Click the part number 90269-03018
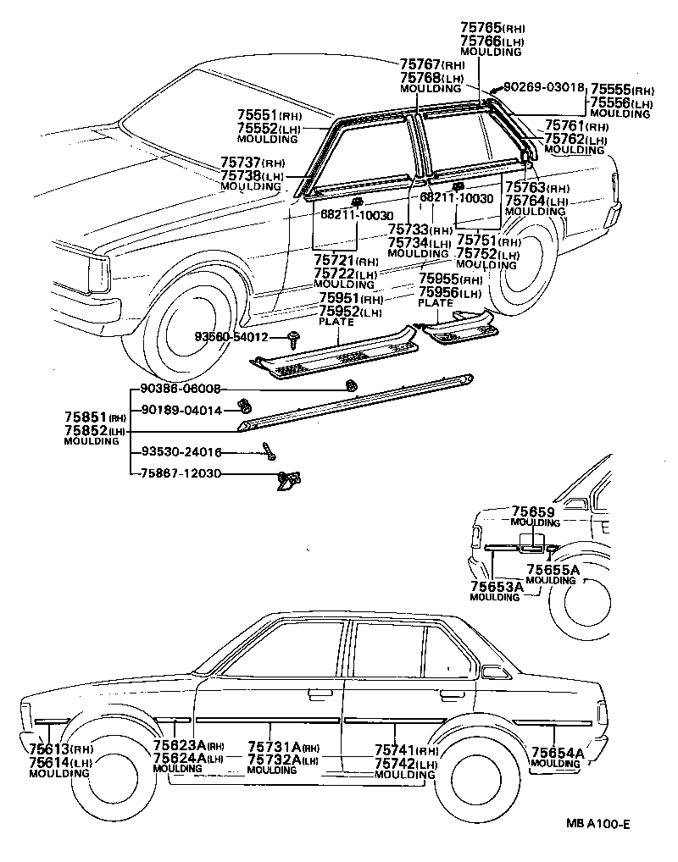544,87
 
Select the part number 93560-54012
231,337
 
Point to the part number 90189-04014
181,411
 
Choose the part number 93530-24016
181,452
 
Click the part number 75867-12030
181,474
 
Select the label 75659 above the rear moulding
532,512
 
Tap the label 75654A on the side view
558,753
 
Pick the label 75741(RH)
406,751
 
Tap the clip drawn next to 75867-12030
286,480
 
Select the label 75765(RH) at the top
491,28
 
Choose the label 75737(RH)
253,163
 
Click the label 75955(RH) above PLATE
450,279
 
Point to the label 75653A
495,586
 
